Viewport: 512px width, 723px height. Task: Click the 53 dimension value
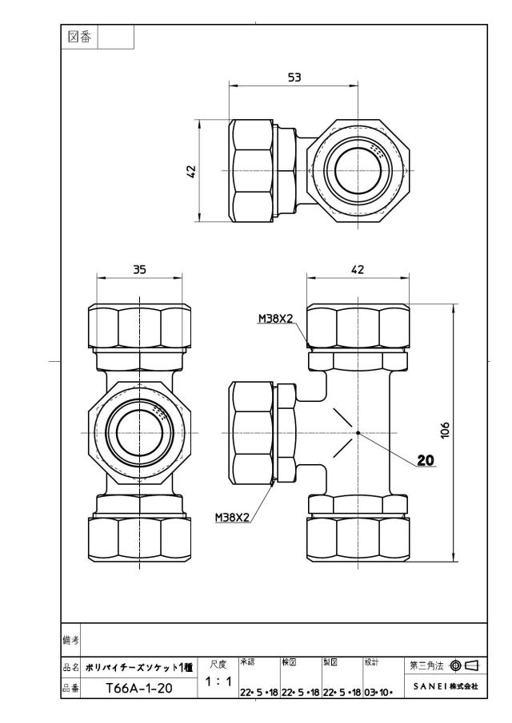pyautogui.click(x=294, y=77)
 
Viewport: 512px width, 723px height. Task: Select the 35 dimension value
pyautogui.click(x=139, y=268)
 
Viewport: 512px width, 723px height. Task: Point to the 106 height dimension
pyautogui.click(x=444, y=430)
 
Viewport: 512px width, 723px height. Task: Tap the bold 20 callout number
pyautogui.click(x=426, y=459)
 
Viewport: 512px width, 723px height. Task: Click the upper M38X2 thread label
pyautogui.click(x=275, y=318)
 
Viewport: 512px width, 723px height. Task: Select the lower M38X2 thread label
pyautogui.click(x=232, y=518)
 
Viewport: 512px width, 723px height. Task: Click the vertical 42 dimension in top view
pyautogui.click(x=191, y=171)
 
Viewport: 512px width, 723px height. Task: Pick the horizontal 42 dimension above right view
pyautogui.click(x=358, y=268)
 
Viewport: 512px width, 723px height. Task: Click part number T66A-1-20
pyautogui.click(x=139, y=689)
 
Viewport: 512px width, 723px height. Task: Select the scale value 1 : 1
pyautogui.click(x=218, y=681)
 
